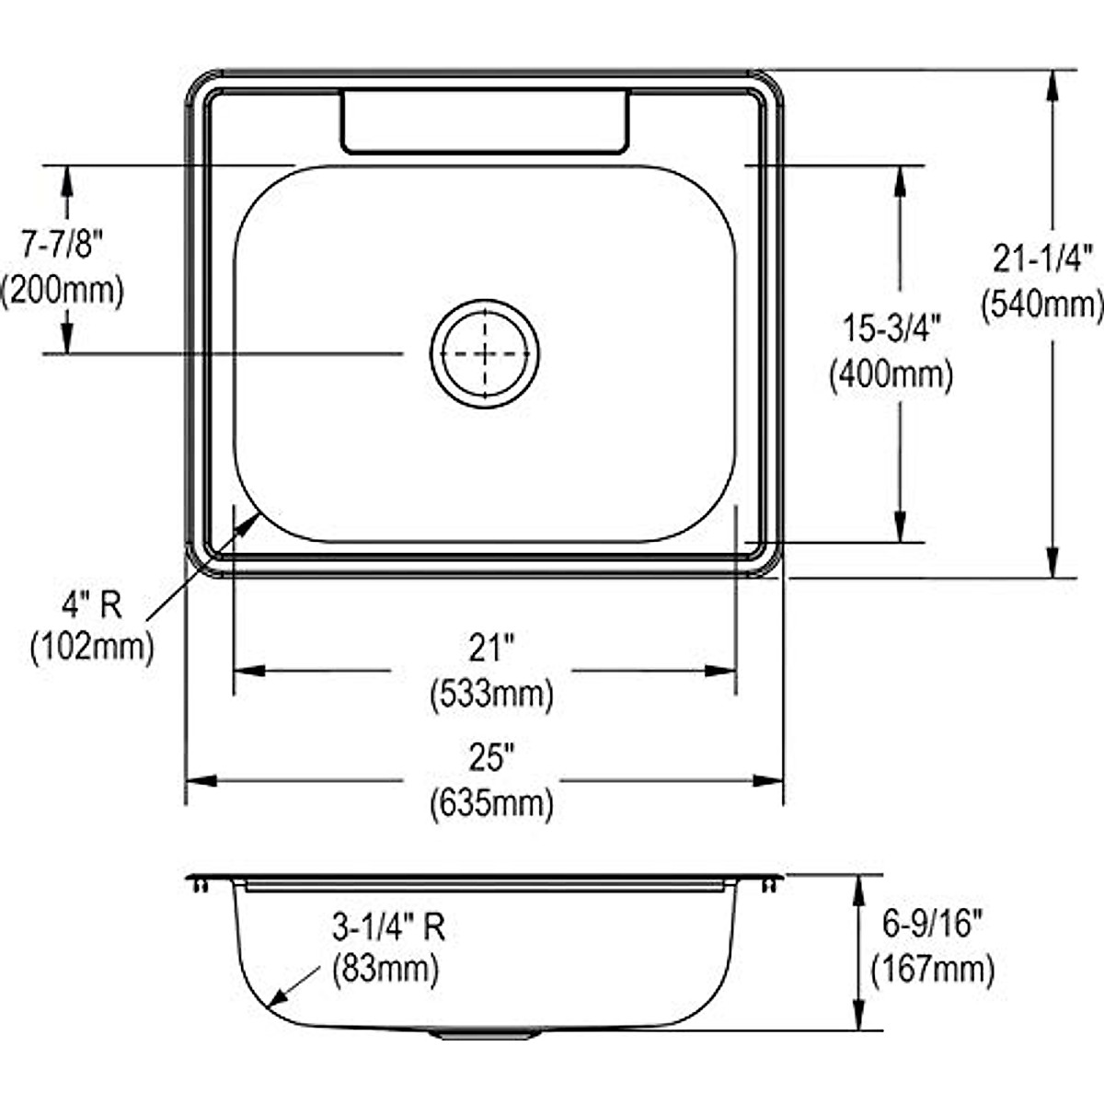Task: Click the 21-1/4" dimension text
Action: click(x=1041, y=259)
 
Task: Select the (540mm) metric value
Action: click(x=1041, y=304)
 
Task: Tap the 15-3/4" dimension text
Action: click(x=890, y=328)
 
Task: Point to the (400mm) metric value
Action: click(x=890, y=374)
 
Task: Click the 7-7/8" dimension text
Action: click(x=62, y=245)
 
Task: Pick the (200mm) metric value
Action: click(x=62, y=290)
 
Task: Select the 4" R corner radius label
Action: click(x=91, y=604)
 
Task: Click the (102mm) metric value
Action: click(x=91, y=648)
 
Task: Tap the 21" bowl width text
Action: click(x=490, y=649)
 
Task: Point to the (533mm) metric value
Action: click(x=491, y=693)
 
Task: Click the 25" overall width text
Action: click(x=490, y=758)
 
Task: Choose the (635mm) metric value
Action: click(x=491, y=803)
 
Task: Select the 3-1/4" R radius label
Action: click(x=388, y=926)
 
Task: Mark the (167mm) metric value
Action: click(x=932, y=969)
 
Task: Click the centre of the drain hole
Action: click(x=485, y=353)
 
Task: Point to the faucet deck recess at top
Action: click(x=485, y=121)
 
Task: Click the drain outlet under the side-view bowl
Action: click(x=485, y=1035)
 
